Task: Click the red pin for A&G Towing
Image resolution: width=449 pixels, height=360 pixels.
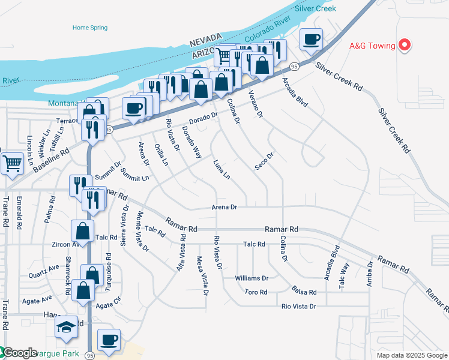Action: [404, 45]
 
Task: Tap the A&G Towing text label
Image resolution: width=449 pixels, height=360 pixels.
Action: [372, 46]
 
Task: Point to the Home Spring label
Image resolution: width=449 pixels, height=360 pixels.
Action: [89, 28]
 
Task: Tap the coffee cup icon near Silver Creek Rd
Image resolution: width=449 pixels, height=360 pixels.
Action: [311, 40]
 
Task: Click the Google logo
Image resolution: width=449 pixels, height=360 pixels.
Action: [19, 353]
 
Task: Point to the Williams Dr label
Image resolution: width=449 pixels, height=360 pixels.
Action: [252, 278]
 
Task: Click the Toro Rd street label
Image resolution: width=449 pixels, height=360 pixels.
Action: [255, 292]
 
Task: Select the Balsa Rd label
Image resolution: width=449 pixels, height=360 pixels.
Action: [304, 292]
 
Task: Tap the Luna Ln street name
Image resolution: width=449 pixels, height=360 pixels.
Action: [221, 169]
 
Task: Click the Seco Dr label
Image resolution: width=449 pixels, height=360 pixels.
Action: [264, 161]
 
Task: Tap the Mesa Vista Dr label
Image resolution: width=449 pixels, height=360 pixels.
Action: [202, 276]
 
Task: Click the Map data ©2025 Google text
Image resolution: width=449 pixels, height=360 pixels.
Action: [412, 355]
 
